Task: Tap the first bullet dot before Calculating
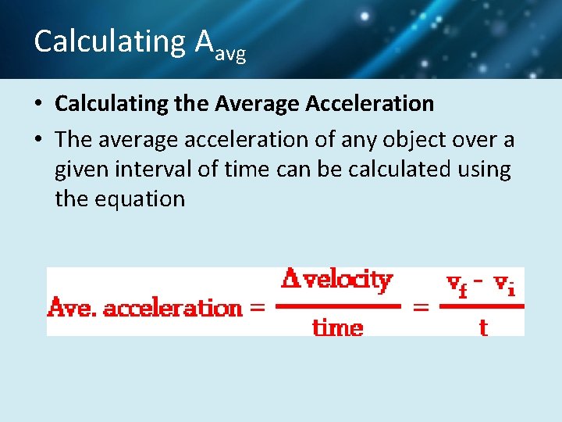(x=39, y=104)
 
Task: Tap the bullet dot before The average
(x=39, y=140)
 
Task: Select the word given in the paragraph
(x=81, y=169)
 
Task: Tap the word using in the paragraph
(x=481, y=169)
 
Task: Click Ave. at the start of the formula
(x=73, y=308)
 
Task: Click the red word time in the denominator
(x=337, y=327)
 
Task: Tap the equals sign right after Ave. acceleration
(x=255, y=308)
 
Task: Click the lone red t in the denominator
(x=482, y=327)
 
